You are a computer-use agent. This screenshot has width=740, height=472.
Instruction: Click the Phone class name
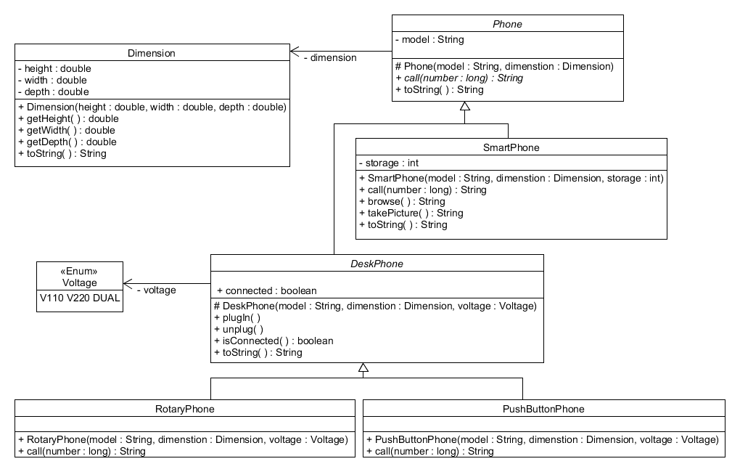coord(507,24)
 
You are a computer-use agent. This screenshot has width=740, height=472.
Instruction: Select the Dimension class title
coord(152,53)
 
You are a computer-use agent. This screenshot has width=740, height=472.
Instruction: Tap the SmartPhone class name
coord(511,147)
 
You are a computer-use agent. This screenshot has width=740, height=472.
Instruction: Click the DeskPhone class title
coord(377,264)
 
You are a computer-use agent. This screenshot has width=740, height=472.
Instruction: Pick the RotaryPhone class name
coord(185,409)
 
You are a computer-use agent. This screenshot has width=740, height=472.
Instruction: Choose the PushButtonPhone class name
coord(543,409)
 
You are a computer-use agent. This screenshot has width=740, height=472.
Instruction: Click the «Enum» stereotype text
coord(80,271)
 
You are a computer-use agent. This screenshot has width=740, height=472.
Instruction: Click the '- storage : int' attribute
coord(388,163)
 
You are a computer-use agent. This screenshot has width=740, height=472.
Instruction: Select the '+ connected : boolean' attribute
coord(266,290)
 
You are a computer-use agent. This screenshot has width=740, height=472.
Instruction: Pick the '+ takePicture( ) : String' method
coord(411,213)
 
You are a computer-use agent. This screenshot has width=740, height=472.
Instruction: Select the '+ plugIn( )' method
coord(237,317)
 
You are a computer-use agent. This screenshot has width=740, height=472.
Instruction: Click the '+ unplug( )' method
coord(238,329)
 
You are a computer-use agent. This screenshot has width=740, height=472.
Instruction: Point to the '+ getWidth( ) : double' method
coord(66,130)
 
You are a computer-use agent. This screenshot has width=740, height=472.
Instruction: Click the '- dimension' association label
coord(330,57)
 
